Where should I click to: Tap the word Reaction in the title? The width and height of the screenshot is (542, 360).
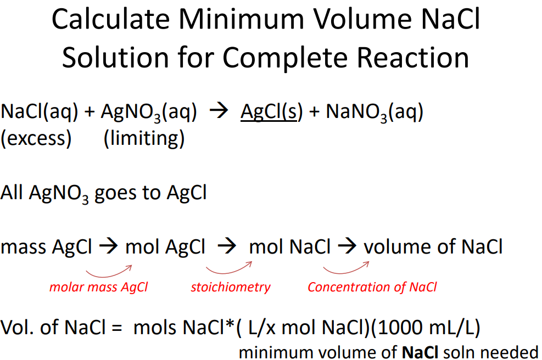pos(412,57)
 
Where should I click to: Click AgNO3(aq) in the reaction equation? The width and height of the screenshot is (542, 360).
pos(149,113)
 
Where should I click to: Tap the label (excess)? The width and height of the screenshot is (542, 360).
pos(36,138)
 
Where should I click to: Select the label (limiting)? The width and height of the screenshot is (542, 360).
pos(144,138)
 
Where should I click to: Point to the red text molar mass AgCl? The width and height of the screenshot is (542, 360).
pos(99,287)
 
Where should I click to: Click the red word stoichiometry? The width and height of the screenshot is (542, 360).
pos(231,287)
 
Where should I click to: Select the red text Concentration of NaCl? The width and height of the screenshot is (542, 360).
pos(372,287)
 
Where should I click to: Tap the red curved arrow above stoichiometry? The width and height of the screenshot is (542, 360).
pos(228,269)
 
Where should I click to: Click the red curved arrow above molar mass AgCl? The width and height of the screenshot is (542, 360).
pos(109,271)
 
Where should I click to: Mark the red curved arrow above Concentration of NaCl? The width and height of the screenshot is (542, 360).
pos(346,269)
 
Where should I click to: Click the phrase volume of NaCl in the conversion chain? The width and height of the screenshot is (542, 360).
pos(433,247)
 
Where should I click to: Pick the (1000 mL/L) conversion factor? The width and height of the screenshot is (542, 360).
pos(428,328)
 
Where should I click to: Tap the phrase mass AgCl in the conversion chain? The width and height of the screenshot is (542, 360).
pos(47,247)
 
